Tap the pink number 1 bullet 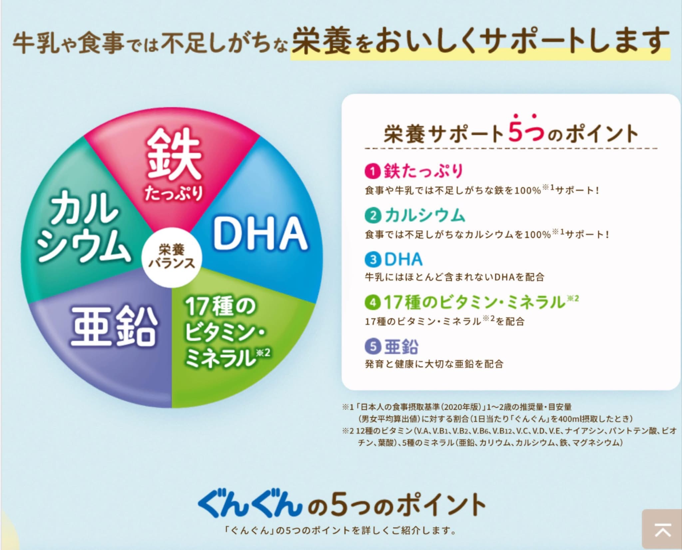pos(373,172)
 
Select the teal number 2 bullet pos(373,216)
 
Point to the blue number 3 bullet pos(373,260)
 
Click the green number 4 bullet pos(373,303)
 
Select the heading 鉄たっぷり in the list pos(424,171)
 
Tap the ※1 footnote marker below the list pos(348,407)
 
